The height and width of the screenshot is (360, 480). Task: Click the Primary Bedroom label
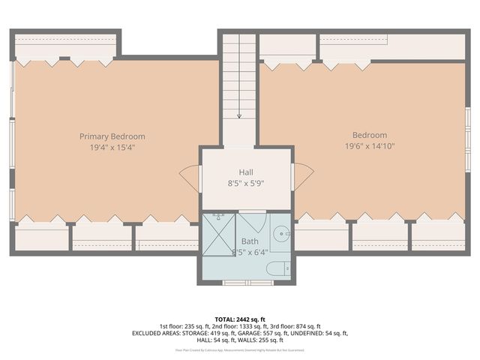click(112, 136)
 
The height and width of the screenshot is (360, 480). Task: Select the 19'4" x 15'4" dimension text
click(112, 148)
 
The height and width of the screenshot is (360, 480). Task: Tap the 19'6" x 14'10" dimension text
click(370, 146)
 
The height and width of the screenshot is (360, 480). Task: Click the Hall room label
click(246, 172)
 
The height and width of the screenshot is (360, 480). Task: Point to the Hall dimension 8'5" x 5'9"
click(246, 182)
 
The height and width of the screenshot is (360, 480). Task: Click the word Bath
click(250, 241)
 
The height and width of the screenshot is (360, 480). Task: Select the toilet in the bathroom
click(279, 268)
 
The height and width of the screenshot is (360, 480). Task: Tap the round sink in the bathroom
click(280, 233)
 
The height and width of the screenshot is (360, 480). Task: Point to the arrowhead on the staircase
click(239, 116)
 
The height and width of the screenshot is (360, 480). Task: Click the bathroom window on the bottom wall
click(246, 283)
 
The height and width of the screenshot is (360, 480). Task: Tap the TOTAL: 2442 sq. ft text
click(240, 318)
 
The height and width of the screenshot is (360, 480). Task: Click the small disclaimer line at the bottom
click(240, 350)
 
